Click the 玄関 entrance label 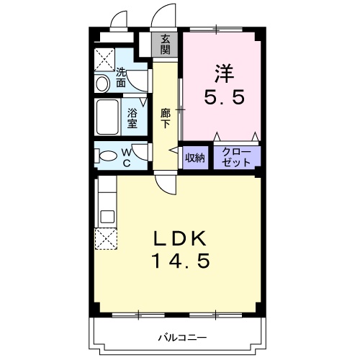click(166, 44)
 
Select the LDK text click(180, 240)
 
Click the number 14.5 click(180, 261)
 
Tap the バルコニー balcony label click(183, 337)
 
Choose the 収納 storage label click(195, 158)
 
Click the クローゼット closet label click(236, 158)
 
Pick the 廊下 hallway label click(166, 118)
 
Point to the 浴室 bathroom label click(132, 118)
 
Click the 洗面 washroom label click(121, 77)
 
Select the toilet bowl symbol click(107, 156)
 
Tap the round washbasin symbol click(102, 84)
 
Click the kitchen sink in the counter click(106, 215)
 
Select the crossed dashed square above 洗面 click(106, 59)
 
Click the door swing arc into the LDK click(167, 186)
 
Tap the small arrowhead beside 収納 click(173, 150)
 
